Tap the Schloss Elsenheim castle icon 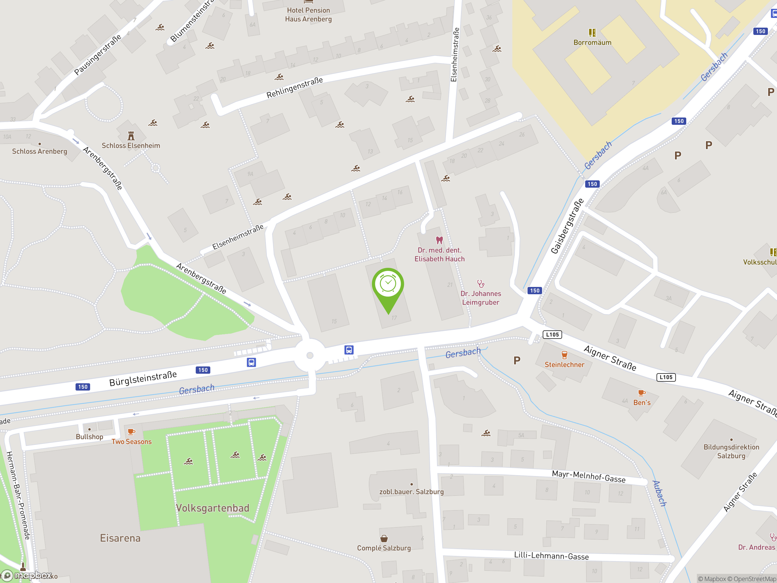click(131, 135)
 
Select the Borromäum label click(592, 43)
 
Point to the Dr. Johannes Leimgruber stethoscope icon click(480, 284)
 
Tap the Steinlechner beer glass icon click(564, 355)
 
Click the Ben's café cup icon click(641, 393)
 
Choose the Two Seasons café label click(131, 442)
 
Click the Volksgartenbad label click(212, 508)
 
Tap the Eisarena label click(120, 538)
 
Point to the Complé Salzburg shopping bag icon click(384, 538)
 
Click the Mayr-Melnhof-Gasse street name click(589, 476)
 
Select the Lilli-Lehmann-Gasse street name click(551, 556)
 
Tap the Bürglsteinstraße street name click(143, 379)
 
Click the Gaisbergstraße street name click(567, 226)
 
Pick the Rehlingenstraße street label click(294, 88)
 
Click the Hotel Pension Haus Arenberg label click(308, 15)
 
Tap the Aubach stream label click(659, 493)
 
